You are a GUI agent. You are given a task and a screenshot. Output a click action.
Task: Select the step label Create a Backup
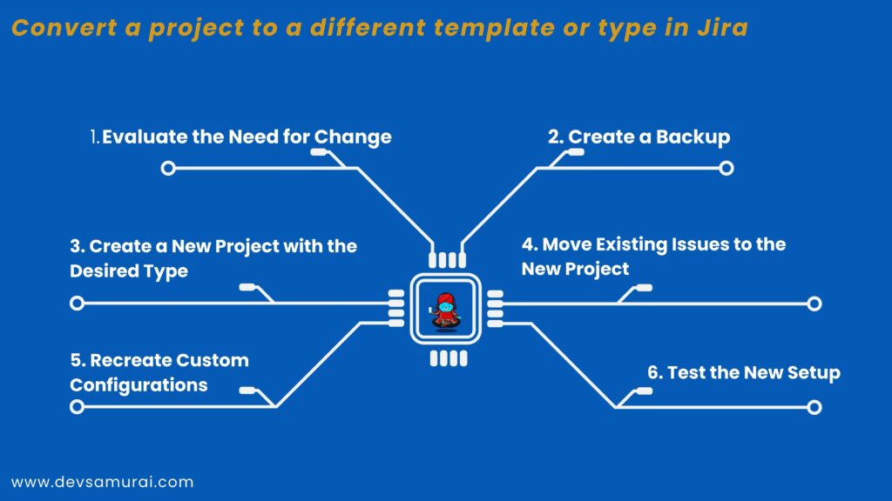pos(639,137)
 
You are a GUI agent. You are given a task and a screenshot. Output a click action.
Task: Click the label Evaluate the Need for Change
pos(241,137)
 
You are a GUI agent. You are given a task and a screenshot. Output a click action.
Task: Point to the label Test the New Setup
pos(743,373)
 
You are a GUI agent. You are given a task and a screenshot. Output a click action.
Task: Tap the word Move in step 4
pos(567,244)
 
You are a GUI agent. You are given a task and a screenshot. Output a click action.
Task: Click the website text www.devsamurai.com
pos(102,481)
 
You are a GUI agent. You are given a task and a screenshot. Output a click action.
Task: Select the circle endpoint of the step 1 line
pos(168,168)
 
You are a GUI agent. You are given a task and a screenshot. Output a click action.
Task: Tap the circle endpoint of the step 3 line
pos(77,304)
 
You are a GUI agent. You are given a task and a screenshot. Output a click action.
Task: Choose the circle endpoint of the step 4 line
pos(814,304)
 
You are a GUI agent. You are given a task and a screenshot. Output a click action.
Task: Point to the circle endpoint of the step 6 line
pos(814,407)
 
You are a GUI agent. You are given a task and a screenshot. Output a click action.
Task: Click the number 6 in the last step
pos(654,373)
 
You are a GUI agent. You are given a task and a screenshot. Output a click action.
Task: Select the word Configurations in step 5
pos(139,384)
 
